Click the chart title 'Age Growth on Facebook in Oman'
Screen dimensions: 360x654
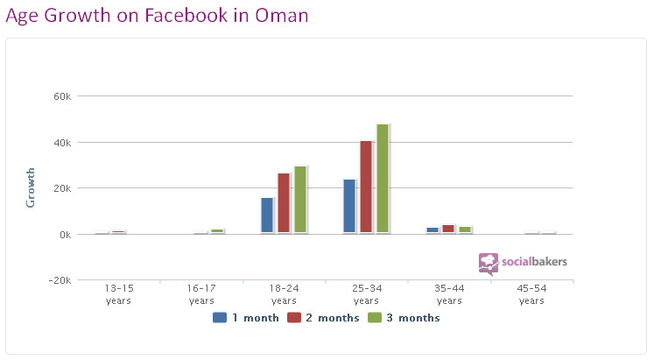click(x=158, y=16)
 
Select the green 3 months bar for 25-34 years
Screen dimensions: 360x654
click(x=383, y=179)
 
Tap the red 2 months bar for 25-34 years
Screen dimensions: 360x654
click(x=366, y=187)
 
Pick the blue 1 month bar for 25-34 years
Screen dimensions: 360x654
click(x=349, y=207)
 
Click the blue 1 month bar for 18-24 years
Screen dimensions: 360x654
click(x=267, y=215)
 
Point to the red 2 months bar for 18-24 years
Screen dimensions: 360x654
click(x=284, y=203)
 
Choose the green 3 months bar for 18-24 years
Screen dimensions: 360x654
click(x=300, y=200)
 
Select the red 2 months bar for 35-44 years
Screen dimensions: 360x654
click(x=448, y=229)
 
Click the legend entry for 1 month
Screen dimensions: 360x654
click(x=244, y=318)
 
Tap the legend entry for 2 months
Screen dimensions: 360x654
click(x=327, y=318)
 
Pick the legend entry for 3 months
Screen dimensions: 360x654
click(x=408, y=318)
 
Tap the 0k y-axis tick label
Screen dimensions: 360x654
click(x=62, y=235)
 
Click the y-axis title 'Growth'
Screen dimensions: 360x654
click(x=31, y=187)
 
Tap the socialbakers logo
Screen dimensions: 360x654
click(x=523, y=262)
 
